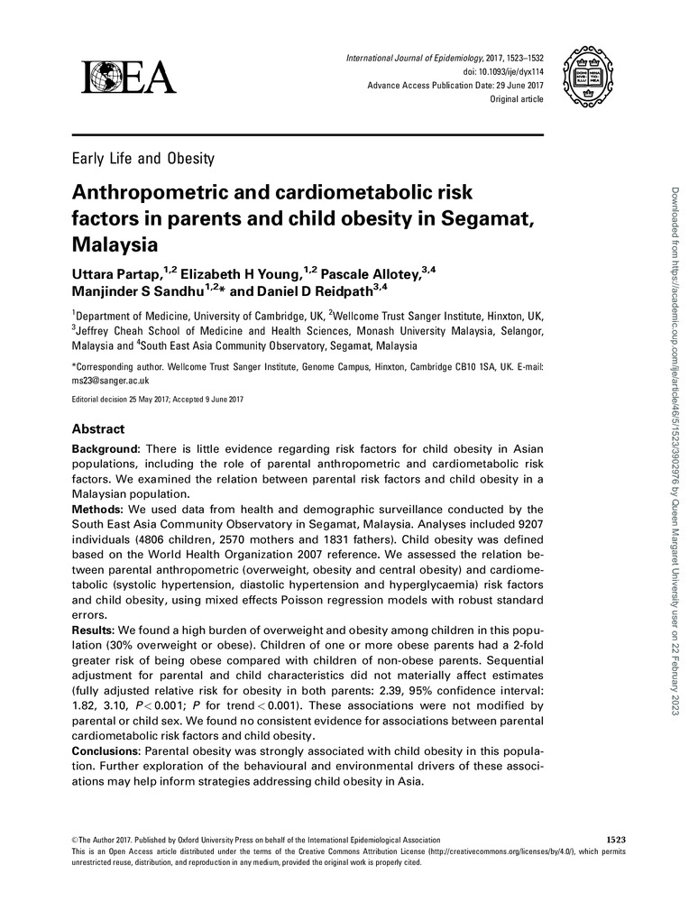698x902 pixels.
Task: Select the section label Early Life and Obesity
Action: click(142, 160)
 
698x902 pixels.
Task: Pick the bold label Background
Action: click(106, 449)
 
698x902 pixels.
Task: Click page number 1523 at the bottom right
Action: click(611, 840)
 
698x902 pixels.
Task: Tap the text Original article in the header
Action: click(516, 99)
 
